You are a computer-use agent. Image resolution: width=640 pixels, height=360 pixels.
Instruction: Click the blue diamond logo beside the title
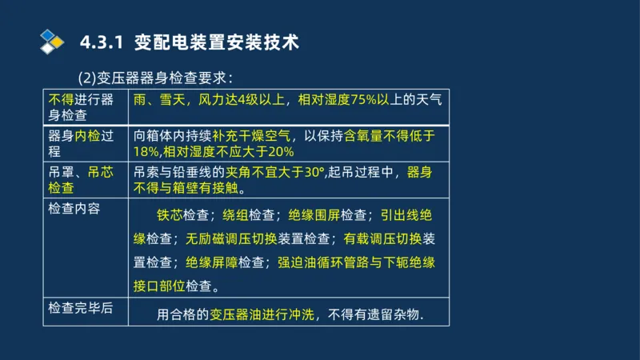(x=52, y=42)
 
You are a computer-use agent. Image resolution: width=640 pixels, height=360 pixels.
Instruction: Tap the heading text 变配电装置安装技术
(x=217, y=42)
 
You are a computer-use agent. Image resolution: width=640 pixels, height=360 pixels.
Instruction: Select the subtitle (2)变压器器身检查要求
(x=154, y=78)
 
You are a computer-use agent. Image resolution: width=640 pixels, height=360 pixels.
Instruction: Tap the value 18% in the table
(x=146, y=152)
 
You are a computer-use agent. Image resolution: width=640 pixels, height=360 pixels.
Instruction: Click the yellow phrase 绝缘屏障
(x=211, y=262)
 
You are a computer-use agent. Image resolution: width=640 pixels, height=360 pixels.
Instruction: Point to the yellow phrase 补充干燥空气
(x=260, y=136)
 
